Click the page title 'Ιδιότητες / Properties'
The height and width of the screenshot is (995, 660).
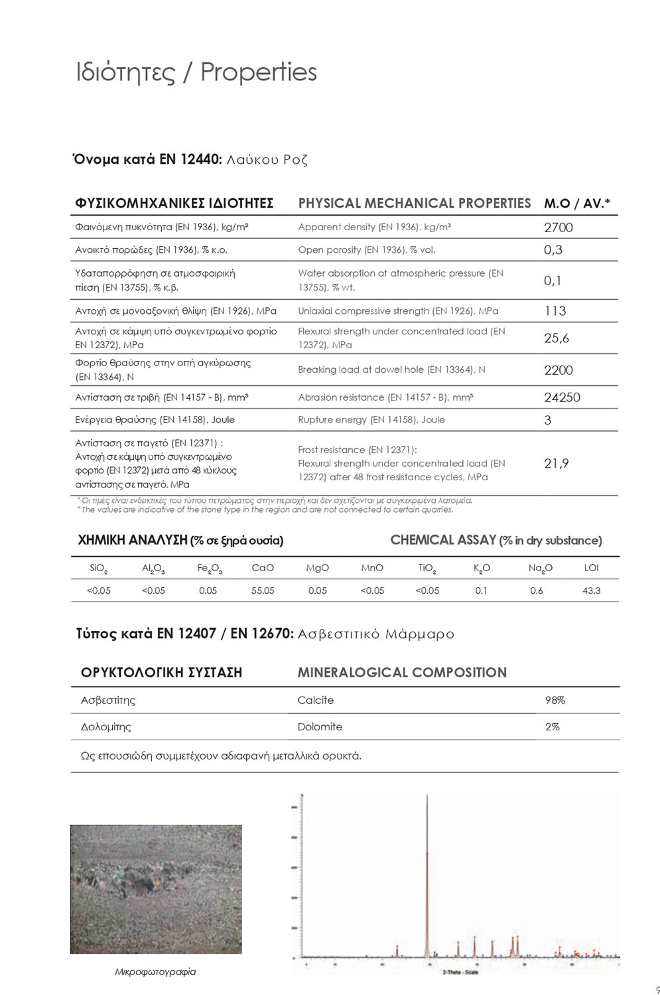[x=196, y=73]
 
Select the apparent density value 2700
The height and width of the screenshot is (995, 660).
[x=558, y=228]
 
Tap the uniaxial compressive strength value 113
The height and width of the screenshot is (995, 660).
[x=555, y=311]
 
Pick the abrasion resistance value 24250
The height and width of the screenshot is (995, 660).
[x=562, y=397]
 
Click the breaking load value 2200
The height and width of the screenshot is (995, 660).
[x=558, y=370]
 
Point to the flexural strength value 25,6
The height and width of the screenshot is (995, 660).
[x=556, y=338]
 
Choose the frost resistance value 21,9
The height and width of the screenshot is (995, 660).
[x=556, y=464]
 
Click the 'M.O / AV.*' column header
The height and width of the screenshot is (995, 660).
[x=577, y=204]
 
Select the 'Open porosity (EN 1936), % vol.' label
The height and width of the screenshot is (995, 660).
[x=366, y=250]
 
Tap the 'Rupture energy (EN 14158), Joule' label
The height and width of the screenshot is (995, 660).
[x=371, y=420]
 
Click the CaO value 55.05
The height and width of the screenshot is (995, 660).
[x=263, y=590]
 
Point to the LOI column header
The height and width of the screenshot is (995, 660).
[x=591, y=568]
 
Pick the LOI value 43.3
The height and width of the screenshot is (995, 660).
[x=591, y=590]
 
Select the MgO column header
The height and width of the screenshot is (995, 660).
[x=317, y=568]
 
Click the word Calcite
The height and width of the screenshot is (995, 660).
[x=316, y=700]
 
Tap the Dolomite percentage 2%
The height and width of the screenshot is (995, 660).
[x=552, y=727]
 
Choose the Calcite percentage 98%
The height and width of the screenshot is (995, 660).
[x=555, y=700]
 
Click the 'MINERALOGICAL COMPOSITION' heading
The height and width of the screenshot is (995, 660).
[x=402, y=673]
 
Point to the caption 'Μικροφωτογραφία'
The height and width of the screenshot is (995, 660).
[x=155, y=972]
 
